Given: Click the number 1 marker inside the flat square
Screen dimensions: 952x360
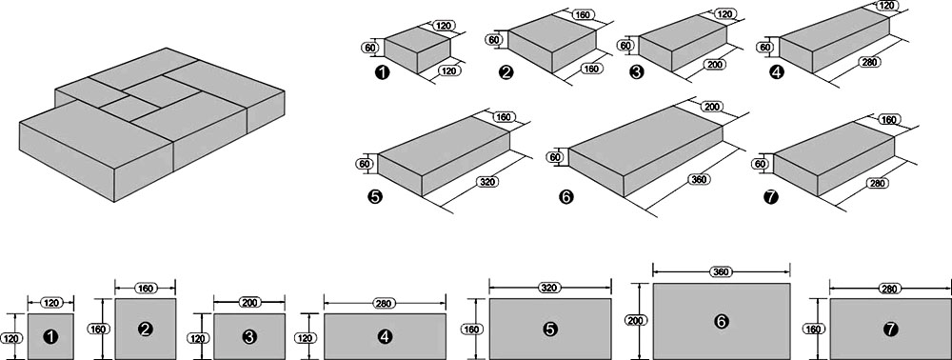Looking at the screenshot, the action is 51,336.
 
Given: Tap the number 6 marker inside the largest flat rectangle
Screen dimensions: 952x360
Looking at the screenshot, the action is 722,321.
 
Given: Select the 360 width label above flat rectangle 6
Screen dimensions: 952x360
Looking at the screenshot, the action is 722,272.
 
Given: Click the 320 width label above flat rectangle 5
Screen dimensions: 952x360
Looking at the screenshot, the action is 550,288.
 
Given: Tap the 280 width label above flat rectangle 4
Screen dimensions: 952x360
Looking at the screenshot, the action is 385,302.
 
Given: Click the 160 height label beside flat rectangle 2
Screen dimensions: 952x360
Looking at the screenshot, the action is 101,329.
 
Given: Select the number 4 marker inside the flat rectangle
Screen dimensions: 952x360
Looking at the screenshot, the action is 385,336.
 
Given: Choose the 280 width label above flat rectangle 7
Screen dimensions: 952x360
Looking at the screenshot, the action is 889,290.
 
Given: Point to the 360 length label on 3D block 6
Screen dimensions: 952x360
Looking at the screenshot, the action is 700,180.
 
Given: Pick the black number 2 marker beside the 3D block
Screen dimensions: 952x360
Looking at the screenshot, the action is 506,72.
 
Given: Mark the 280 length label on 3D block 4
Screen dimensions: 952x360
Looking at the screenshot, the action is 872,61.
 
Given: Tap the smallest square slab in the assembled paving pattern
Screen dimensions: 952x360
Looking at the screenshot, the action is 129,110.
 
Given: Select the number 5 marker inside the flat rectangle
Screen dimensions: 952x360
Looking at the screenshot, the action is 550,329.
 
